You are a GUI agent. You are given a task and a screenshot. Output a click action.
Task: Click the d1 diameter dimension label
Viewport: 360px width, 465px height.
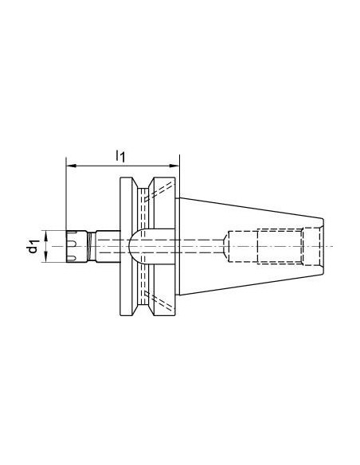[x=33, y=246]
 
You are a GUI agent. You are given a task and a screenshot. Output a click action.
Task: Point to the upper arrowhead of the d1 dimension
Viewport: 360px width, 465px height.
[x=46, y=236]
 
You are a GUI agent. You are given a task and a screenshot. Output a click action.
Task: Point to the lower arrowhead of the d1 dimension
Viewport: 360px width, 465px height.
[x=46, y=257]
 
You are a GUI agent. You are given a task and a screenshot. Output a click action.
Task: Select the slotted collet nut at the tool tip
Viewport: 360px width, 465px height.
[x=76, y=246]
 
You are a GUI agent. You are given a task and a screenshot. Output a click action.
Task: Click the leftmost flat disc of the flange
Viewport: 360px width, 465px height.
[x=126, y=246]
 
